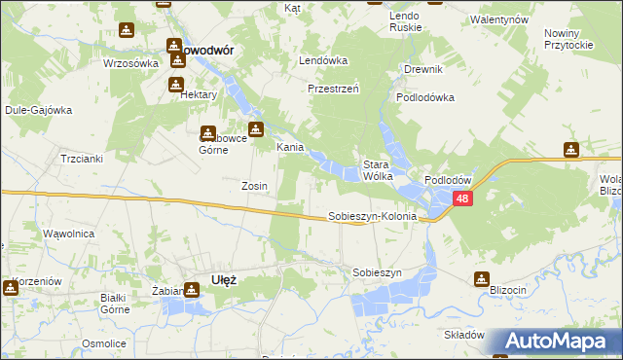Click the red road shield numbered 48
point(462,198)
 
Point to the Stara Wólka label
point(377,170)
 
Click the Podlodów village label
point(448,181)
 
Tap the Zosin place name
point(255,185)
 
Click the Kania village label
point(290,148)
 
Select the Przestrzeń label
point(334,87)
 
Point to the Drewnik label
point(423,69)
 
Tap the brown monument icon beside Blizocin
point(481,279)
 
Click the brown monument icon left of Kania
point(255,129)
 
